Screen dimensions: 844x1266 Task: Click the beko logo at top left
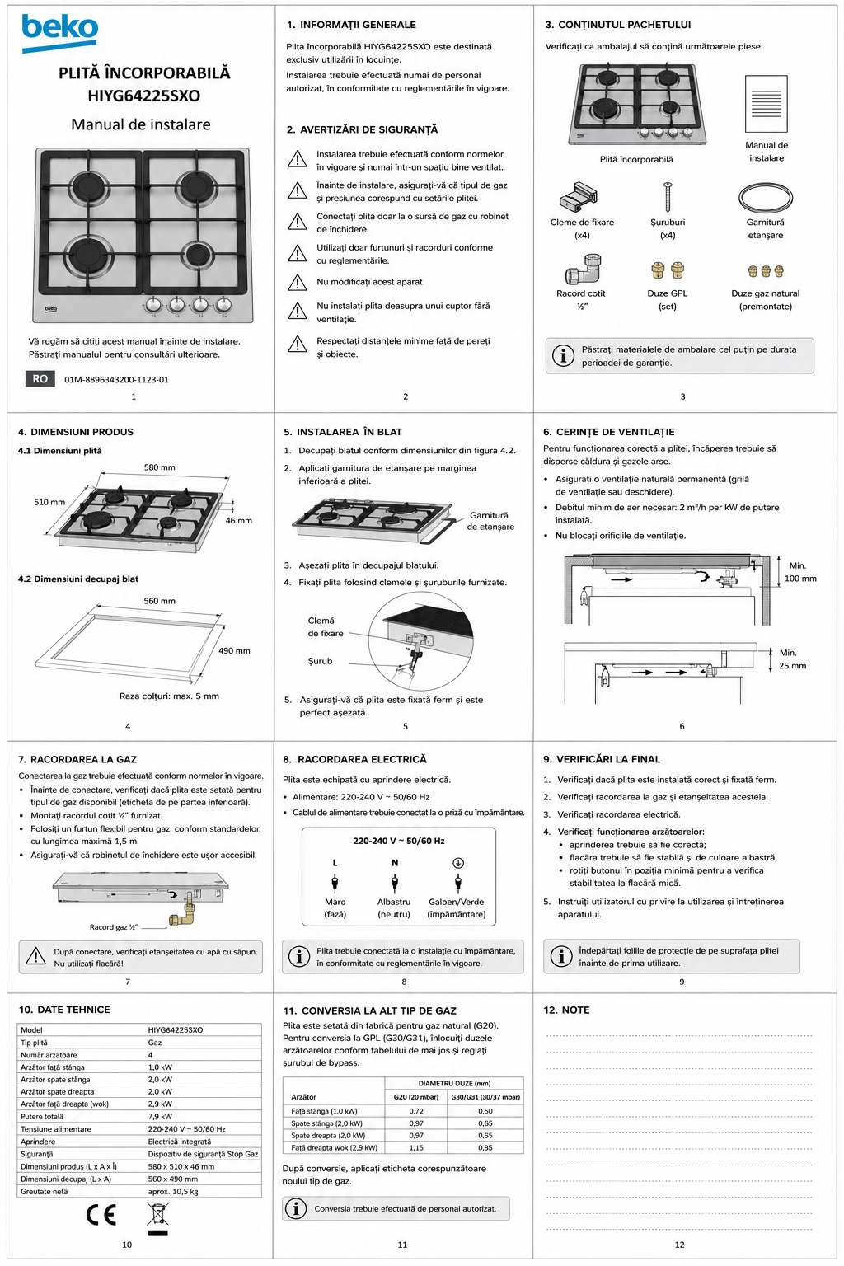coord(59,33)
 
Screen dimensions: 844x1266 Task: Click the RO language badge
coord(40,378)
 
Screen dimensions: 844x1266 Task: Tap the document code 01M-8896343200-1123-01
coord(116,380)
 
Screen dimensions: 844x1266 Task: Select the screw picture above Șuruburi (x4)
coord(668,197)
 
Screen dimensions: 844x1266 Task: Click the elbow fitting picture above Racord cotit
coord(583,269)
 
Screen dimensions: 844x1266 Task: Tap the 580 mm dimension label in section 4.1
coord(159,467)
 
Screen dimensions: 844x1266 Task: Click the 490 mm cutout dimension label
coord(234,650)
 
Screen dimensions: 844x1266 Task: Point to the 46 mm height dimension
coord(238,521)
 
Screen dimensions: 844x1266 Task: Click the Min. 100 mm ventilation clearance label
coord(800,572)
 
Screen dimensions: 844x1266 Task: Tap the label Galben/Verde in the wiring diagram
coord(456,902)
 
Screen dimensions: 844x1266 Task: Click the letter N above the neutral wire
coord(395,863)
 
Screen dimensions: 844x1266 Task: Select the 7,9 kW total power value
coord(160,1117)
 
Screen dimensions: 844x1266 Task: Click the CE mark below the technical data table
coord(101,1215)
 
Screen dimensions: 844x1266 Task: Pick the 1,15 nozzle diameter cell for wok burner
coord(416,1148)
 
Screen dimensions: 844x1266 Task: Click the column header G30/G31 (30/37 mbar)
coord(485,1097)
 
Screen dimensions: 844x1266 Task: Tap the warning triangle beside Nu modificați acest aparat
coord(298,282)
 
